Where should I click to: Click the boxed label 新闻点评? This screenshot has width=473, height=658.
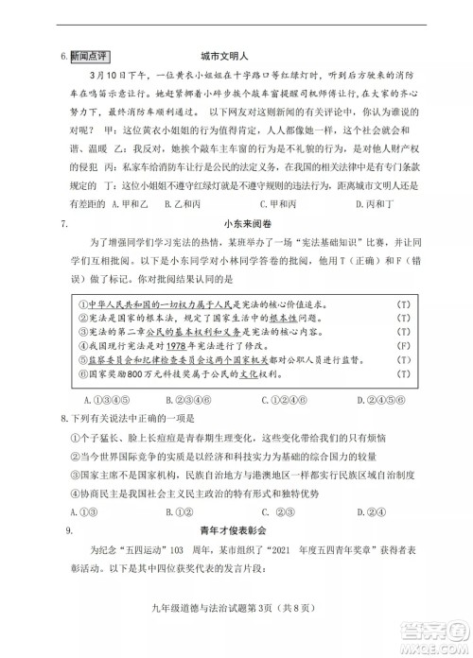point(90,57)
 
